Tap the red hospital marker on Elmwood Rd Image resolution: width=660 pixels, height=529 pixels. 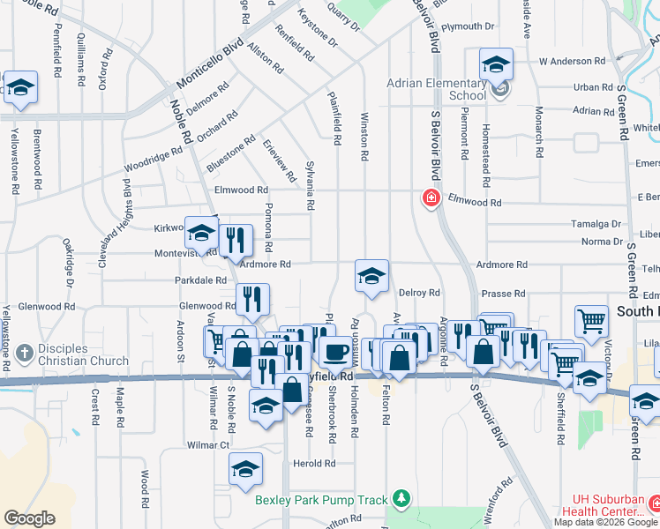(431, 199)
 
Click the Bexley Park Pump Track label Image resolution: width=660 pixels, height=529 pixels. (321, 500)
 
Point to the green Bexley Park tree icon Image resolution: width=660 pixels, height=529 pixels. (401, 500)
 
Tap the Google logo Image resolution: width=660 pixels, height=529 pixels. (29, 518)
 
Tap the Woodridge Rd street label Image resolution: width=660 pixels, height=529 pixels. (153, 160)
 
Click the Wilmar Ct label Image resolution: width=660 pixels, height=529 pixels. (208, 445)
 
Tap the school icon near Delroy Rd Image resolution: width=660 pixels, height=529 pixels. (371, 276)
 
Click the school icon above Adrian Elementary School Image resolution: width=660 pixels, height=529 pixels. (496, 64)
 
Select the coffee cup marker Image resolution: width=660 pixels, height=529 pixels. (334, 353)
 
